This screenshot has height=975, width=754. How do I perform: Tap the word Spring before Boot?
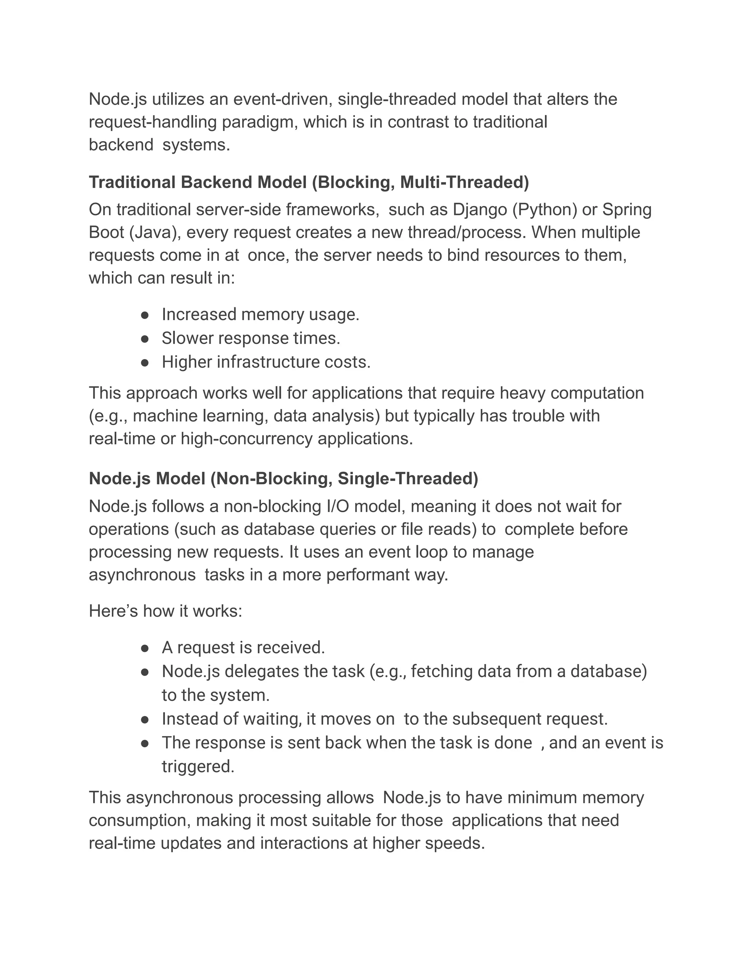[x=627, y=210]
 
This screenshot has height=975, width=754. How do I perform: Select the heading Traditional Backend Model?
[x=309, y=182]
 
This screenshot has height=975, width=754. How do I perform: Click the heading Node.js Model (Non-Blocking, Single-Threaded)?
[x=283, y=479]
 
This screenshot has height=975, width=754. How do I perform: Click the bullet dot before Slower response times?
[x=144, y=339]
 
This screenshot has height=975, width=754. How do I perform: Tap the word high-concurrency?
[x=247, y=439]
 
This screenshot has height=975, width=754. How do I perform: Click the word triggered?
[x=198, y=766]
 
